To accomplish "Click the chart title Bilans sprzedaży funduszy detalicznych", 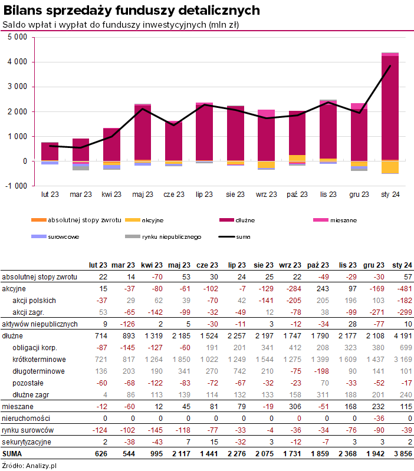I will [x=132, y=11].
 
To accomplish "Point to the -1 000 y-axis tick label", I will [x=16, y=186].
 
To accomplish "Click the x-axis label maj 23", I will [x=142, y=194].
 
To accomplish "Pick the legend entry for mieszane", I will [x=344, y=220].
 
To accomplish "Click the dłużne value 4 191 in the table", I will [x=402, y=335].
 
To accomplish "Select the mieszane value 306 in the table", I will [x=291, y=407].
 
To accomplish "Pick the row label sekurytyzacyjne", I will [x=27, y=442].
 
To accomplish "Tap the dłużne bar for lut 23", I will [x=50, y=151].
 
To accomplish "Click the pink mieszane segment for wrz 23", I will [x=267, y=113].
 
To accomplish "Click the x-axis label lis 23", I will [x=328, y=194].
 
